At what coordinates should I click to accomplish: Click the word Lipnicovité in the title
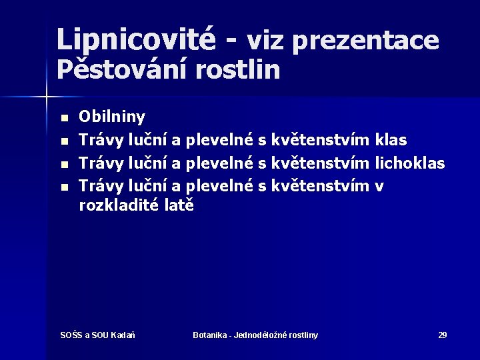pos(136,39)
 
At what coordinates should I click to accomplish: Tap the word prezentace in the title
pos(365,42)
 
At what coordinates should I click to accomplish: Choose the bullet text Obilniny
pos(111,117)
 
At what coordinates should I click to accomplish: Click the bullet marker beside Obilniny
pos(64,119)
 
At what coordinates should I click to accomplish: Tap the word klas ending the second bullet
pos(391,140)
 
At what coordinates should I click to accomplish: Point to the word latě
pos(178,205)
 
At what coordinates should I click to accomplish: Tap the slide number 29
pos(442,335)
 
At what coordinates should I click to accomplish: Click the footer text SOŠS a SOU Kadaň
pos(97,335)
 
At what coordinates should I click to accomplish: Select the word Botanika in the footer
pos(209,335)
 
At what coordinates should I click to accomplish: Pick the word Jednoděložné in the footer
pos(263,335)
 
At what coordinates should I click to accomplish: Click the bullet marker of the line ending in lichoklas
pos(64,164)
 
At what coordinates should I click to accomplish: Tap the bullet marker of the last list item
pos(64,187)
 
